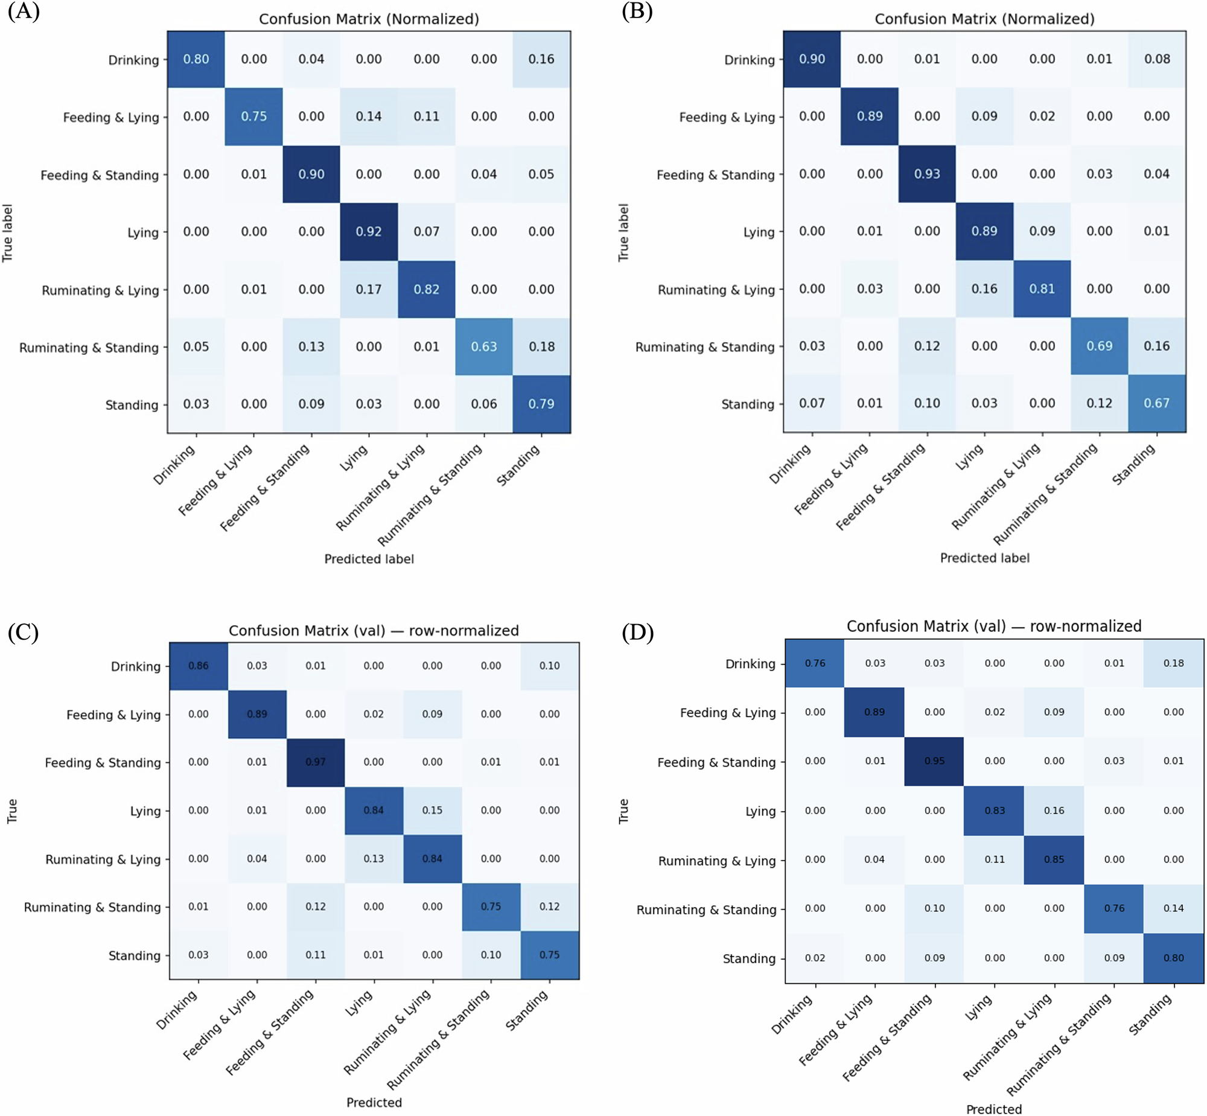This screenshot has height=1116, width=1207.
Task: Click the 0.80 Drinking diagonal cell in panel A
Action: click(196, 59)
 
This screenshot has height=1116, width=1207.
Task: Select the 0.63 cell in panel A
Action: click(483, 346)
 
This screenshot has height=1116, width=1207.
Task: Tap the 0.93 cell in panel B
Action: click(927, 174)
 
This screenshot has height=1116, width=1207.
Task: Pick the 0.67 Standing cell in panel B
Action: click(1156, 403)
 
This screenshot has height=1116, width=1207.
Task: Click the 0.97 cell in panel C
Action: click(315, 762)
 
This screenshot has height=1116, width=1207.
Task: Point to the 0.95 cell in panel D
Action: click(934, 761)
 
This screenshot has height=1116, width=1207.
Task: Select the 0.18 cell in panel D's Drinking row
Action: click(1173, 663)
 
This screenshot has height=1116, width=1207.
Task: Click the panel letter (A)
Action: click(24, 11)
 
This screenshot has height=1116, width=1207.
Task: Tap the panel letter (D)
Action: click(638, 633)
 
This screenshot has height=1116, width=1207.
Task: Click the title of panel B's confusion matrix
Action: click(984, 19)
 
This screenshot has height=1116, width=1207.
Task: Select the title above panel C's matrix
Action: click(373, 631)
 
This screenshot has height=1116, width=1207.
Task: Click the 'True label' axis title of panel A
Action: click(7, 232)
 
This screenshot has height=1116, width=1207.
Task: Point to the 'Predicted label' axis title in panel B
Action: click(984, 558)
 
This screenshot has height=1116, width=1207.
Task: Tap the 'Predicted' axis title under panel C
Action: click(374, 1103)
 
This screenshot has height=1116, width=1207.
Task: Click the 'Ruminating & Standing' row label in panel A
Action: click(89, 348)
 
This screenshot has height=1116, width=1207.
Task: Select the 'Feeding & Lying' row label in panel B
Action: click(727, 117)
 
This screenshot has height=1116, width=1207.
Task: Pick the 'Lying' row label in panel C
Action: click(145, 811)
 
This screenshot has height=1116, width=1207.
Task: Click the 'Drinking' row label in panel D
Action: click(750, 664)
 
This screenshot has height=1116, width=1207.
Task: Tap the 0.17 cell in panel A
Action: click(368, 289)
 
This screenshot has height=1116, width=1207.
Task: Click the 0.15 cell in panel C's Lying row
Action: click(432, 811)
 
